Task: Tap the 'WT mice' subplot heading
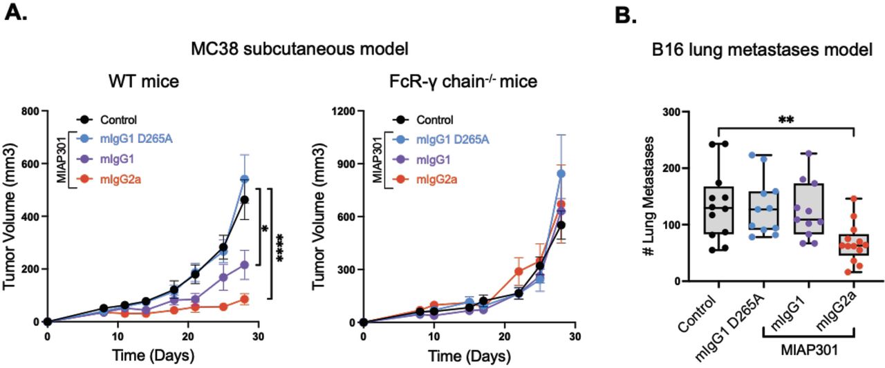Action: [x=145, y=82]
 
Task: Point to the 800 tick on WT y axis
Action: [x=30, y=110]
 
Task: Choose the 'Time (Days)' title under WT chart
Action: [x=154, y=357]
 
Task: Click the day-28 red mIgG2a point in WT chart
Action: [x=245, y=299]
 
